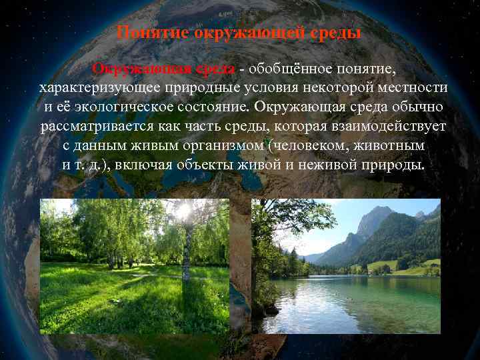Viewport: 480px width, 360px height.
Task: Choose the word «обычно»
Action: point(417,107)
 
